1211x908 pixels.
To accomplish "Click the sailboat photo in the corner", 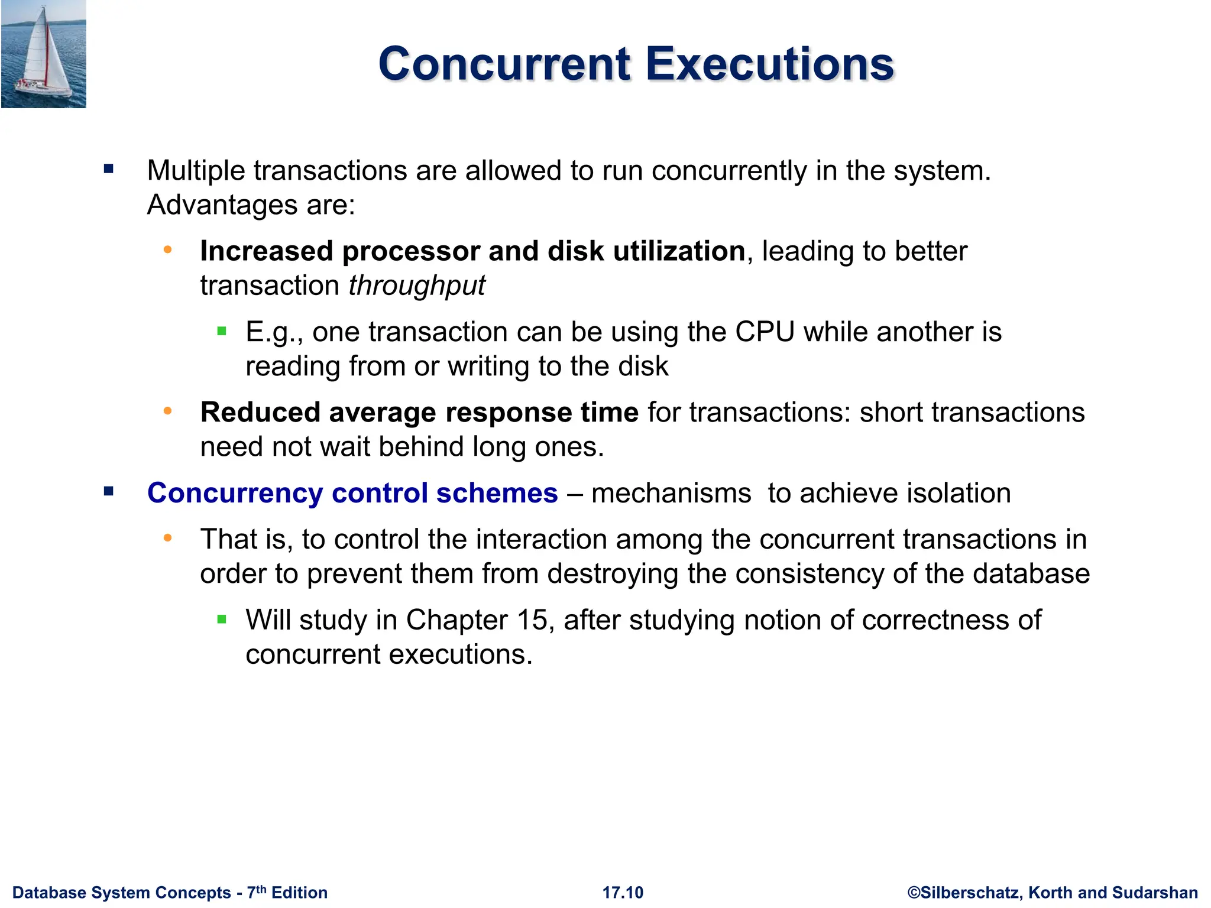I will pyautogui.click(x=43, y=54).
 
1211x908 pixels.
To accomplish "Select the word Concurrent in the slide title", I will pyautogui.click(x=505, y=64).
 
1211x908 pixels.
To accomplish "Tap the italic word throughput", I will pyautogui.click(x=417, y=286).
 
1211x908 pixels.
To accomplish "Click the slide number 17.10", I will pyautogui.click(x=623, y=893).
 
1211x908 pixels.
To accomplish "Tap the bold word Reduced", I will pyautogui.click(x=260, y=412).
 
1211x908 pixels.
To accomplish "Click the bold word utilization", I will pyautogui.click(x=679, y=251).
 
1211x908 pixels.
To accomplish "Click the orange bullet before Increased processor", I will pyautogui.click(x=168, y=250).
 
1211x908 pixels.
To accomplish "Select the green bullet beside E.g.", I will pyautogui.click(x=222, y=332).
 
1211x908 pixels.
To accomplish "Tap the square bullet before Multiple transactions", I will pyautogui.click(x=108, y=170).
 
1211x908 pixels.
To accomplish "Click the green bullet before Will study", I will pyautogui.click(x=222, y=620).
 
